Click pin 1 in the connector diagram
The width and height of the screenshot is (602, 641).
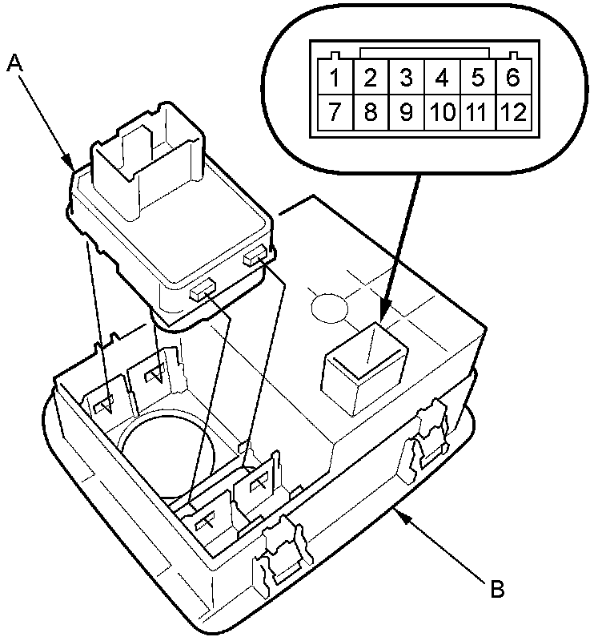pos(335,79)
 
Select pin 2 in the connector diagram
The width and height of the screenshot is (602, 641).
pos(371,79)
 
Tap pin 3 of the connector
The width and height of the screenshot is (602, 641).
pos(407,79)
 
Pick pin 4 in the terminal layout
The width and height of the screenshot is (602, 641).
pos(442,79)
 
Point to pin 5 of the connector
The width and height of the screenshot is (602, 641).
pos(478,79)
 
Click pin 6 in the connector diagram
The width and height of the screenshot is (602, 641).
pos(513,79)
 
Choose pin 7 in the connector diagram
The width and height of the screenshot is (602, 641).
pos(335,112)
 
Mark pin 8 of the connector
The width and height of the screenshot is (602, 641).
pos(371,112)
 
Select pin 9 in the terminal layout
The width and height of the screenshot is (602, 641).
pos(407,112)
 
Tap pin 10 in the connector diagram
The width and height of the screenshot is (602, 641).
pos(442,112)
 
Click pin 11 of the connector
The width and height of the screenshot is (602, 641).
pos(478,112)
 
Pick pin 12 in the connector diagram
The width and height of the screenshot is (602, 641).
pos(513,112)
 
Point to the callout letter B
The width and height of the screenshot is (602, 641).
pos(497,591)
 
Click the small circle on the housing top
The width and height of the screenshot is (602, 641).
pos(327,305)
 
